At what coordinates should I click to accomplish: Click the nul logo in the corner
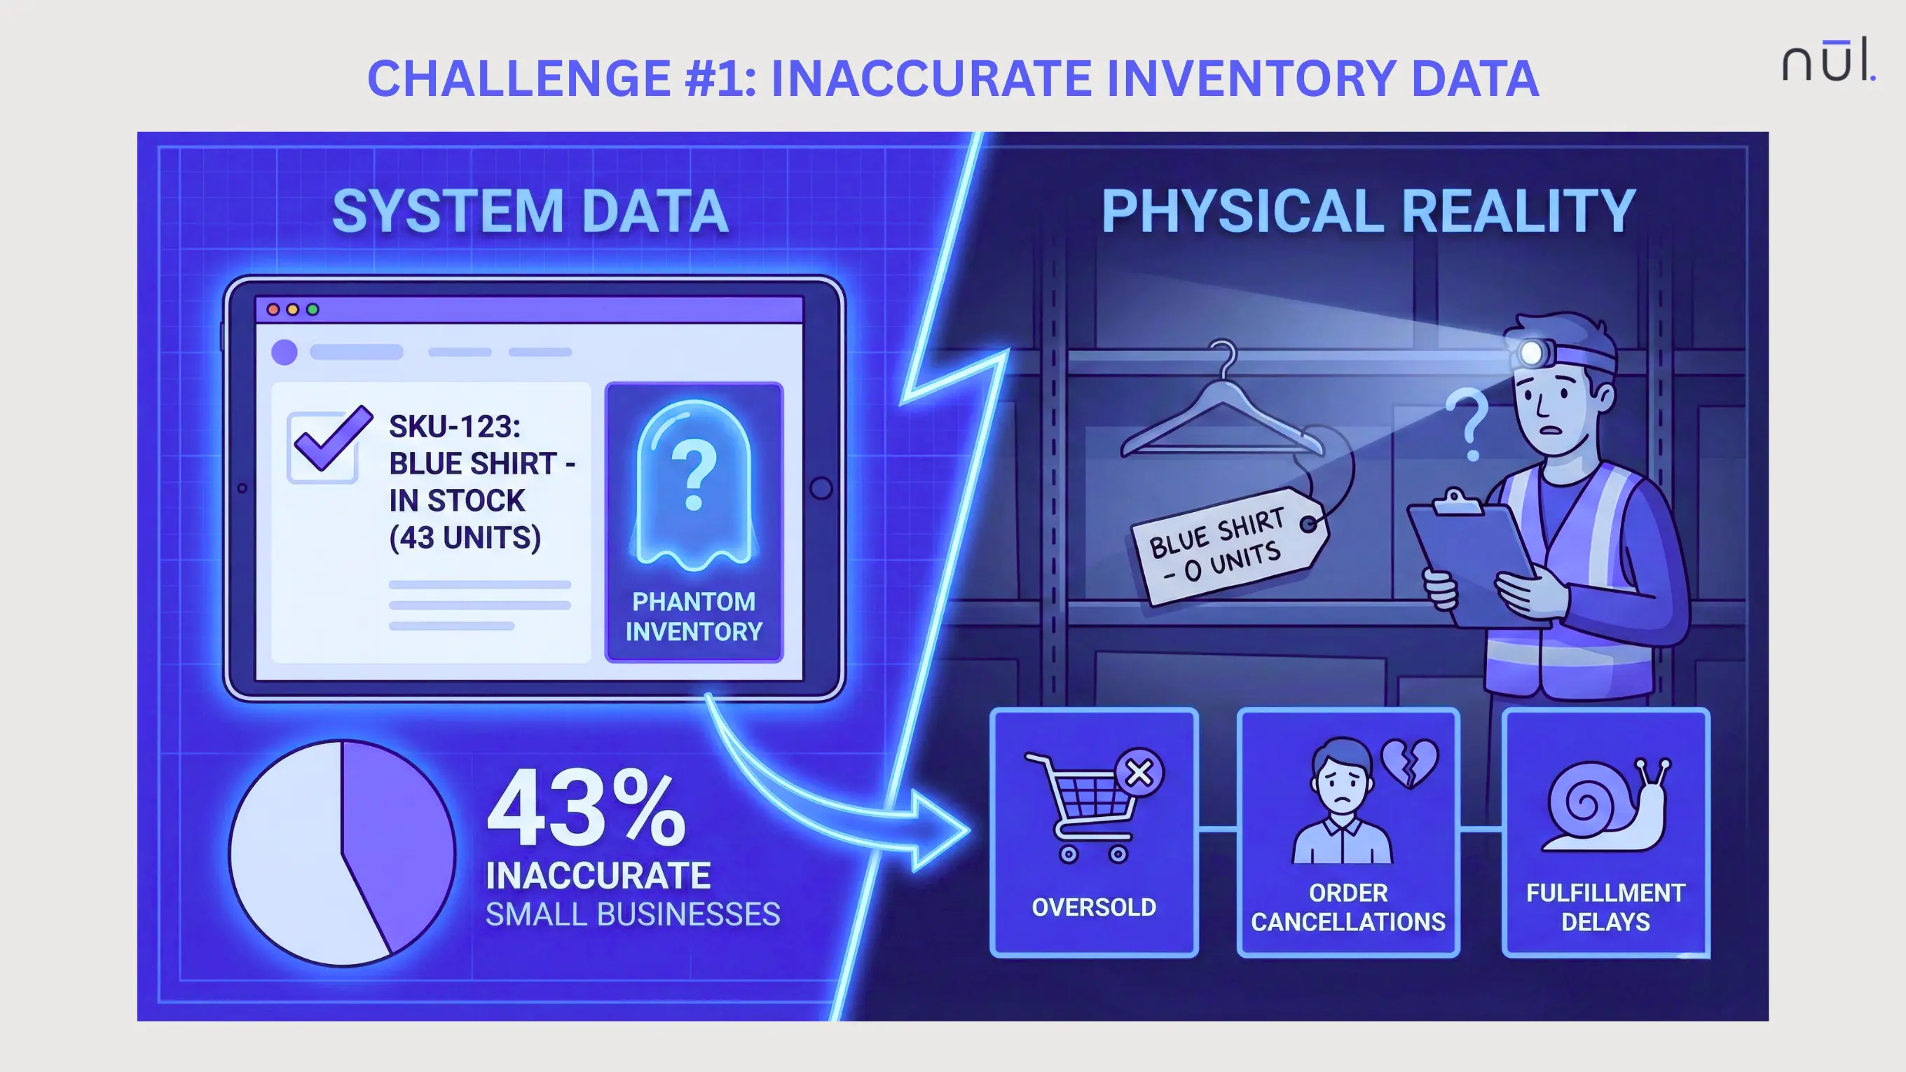(x=1828, y=61)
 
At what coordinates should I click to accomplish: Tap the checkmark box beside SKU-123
(x=323, y=446)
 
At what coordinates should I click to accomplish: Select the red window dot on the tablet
(x=273, y=309)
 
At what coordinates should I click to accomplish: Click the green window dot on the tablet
(x=313, y=309)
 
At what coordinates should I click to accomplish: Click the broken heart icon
(x=1409, y=762)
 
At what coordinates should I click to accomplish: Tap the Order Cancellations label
(x=1348, y=907)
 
